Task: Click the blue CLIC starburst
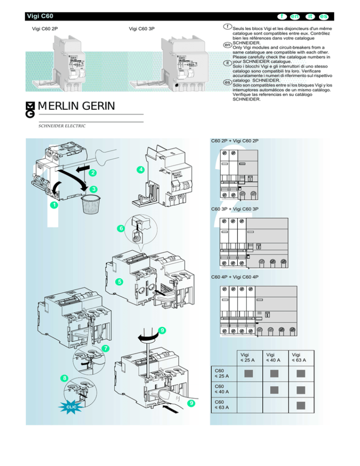pyautogui.click(x=71, y=406)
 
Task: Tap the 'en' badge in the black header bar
pyautogui.click(x=295, y=16)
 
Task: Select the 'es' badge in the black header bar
pyautogui.click(x=323, y=16)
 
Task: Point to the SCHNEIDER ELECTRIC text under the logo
pyautogui.click(x=62, y=126)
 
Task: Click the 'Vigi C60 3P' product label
pyautogui.click(x=142, y=29)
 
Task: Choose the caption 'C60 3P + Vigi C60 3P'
pyautogui.click(x=235, y=208)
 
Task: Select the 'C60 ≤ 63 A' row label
pyautogui.click(x=221, y=405)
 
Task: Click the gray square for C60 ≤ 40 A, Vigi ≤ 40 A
pyautogui.click(x=275, y=389)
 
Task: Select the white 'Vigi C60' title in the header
pyautogui.click(x=39, y=16)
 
